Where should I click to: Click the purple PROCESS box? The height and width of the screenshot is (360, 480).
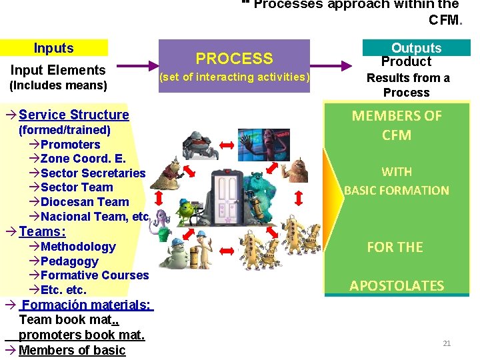point(234,67)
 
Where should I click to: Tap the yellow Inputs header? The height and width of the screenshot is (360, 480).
point(54,48)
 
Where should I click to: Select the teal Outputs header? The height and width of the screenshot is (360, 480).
point(416,48)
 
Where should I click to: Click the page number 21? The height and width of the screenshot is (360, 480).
point(447,343)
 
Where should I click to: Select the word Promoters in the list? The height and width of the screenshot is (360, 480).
point(70,145)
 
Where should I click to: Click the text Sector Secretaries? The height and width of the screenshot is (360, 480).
point(93,173)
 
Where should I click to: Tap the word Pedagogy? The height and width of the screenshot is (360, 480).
point(69,261)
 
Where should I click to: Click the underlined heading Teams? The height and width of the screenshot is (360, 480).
point(43,231)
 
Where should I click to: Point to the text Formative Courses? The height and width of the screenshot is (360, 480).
point(95,275)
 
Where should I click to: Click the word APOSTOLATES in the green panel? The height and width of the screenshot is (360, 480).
point(397,286)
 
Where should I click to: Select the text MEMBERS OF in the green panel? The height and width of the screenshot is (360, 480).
point(397,116)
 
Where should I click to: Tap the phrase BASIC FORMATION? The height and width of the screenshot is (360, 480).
point(397,191)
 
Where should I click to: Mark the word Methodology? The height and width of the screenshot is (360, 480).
point(78,247)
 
